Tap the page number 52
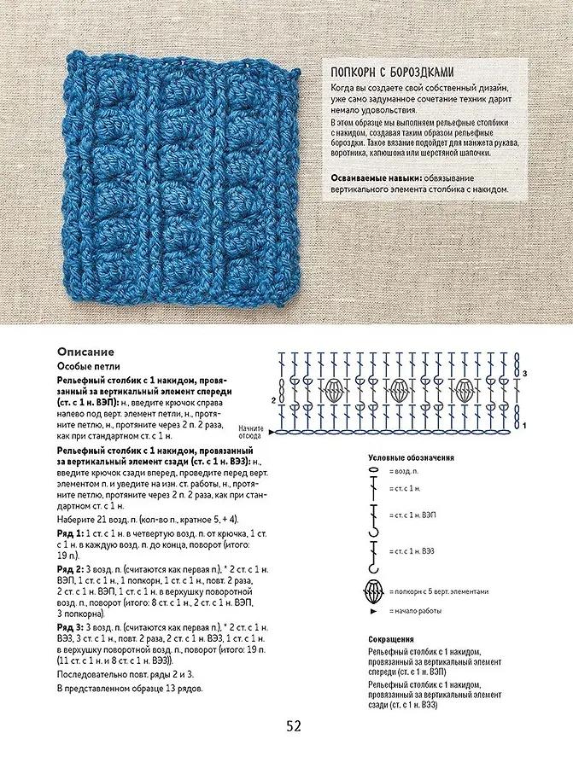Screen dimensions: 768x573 tap(294, 726)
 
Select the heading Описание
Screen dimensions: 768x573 tap(85, 352)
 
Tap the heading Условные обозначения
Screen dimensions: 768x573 tap(411, 458)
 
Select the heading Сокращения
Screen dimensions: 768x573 tap(392, 638)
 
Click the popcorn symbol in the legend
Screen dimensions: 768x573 tap(374, 591)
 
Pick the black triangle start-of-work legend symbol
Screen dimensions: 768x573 tap(374, 612)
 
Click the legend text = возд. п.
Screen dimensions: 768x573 tap(403, 471)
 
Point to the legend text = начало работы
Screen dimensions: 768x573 tap(416, 612)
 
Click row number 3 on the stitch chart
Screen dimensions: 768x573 tap(525, 374)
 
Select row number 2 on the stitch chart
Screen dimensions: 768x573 tap(272, 399)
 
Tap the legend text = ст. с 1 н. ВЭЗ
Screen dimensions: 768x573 tap(411, 550)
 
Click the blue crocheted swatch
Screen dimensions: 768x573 tap(183, 180)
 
